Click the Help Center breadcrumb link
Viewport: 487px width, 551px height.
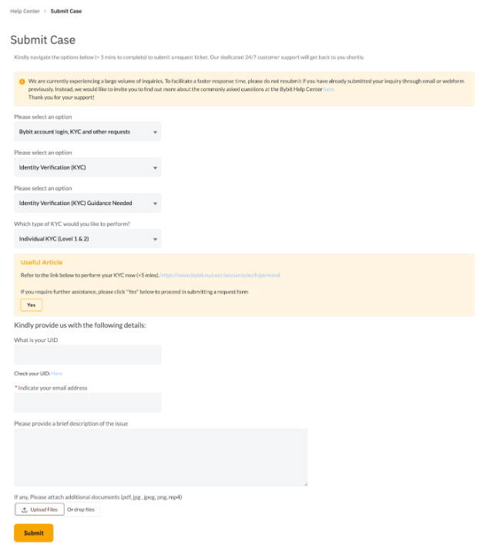pyautogui.click(x=25, y=12)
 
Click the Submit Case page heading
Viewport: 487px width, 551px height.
pyautogui.click(x=42, y=40)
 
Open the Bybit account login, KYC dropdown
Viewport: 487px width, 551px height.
pyautogui.click(x=87, y=132)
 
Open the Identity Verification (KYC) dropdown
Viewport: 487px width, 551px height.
pyautogui.click(x=87, y=167)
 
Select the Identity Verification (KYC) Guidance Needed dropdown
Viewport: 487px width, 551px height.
pyautogui.click(x=87, y=203)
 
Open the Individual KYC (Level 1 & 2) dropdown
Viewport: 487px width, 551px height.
pyautogui.click(x=87, y=239)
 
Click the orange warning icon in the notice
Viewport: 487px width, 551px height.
pyautogui.click(x=22, y=80)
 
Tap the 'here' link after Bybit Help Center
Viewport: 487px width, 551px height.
pyautogui.click(x=329, y=89)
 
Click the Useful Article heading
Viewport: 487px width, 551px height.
pyautogui.click(x=42, y=263)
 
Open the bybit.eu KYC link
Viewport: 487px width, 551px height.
pyautogui.click(x=220, y=275)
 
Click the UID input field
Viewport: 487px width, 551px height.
pyautogui.click(x=87, y=354)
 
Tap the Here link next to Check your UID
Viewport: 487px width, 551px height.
pyautogui.click(x=57, y=373)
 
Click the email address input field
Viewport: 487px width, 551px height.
pyautogui.click(x=87, y=402)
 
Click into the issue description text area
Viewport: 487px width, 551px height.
pyautogui.click(x=160, y=457)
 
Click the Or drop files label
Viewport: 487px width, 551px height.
pyautogui.click(x=81, y=509)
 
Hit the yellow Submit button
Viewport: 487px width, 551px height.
pyautogui.click(x=33, y=533)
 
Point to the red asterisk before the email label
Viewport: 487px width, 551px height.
pyautogui.click(x=15, y=387)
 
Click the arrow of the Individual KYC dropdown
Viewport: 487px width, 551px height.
pyautogui.click(x=155, y=240)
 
